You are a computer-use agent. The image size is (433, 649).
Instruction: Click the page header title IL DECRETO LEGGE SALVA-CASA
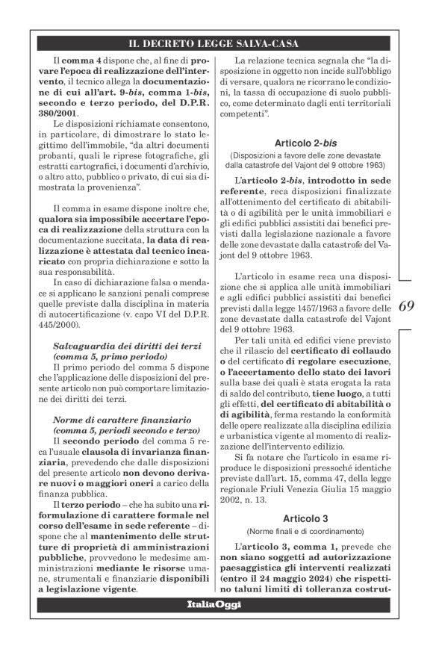coord(215,43)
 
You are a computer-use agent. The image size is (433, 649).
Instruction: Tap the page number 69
coord(407,306)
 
